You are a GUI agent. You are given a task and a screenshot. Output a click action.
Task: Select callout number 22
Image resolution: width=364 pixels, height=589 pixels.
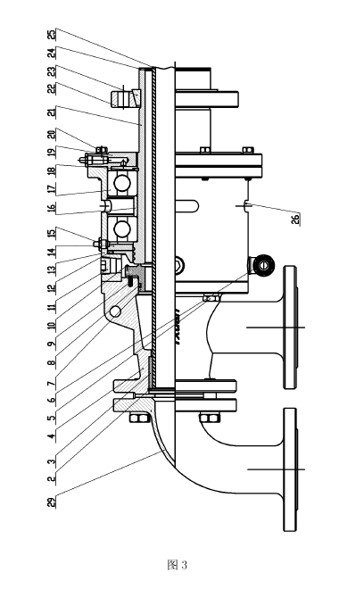tap(52, 88)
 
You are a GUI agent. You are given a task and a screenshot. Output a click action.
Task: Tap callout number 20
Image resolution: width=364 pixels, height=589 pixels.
tap(52, 134)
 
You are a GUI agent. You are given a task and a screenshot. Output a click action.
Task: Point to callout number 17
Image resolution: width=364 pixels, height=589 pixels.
tap(52, 188)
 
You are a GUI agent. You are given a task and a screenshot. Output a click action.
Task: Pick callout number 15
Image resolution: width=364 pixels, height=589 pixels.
tap(52, 232)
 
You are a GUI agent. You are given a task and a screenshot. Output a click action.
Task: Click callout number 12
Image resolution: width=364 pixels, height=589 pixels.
tap(52, 287)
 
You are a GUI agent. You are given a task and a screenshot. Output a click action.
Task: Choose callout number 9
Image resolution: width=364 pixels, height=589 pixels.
tap(52, 343)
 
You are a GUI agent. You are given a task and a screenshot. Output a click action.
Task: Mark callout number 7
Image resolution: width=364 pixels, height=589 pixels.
tap(52, 384)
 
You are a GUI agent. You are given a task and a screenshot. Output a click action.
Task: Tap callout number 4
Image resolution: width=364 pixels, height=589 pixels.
tap(52, 436)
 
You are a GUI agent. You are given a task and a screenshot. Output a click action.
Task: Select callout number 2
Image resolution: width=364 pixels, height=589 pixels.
tap(52, 478)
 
